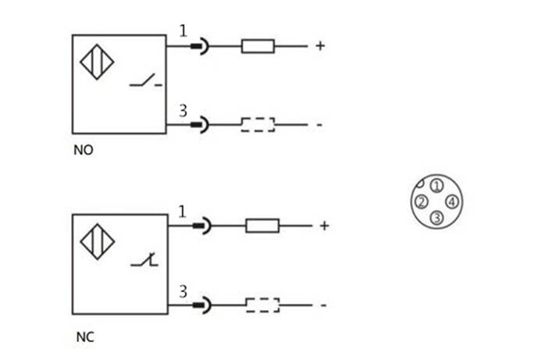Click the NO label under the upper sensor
[x=83, y=150]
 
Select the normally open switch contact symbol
[x=146, y=80]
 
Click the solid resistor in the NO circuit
[x=258, y=46]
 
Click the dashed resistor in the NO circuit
[x=258, y=124]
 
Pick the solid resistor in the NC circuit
[x=262, y=226]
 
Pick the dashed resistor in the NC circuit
[x=262, y=305]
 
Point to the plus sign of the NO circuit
[x=319, y=46]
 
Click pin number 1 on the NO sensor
[x=183, y=31]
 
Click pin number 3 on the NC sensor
[x=184, y=291]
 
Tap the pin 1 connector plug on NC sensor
[x=202, y=226]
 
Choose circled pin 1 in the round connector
[x=437, y=186]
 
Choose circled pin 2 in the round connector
[x=421, y=202]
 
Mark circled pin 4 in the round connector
[x=452, y=202]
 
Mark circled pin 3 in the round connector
[x=437, y=218]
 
